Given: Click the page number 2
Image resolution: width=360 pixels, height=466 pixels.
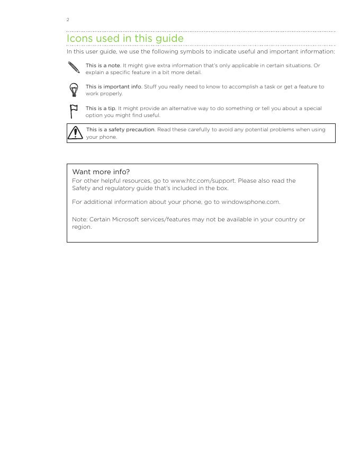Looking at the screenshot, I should point(68,20).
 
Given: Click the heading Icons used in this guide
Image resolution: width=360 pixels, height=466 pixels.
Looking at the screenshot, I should point(125,39).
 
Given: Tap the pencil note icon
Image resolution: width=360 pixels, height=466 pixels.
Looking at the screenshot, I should point(74,67).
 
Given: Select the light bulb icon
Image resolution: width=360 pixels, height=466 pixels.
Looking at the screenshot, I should point(74,89).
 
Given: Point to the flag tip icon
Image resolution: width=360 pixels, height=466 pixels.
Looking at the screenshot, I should point(74,111).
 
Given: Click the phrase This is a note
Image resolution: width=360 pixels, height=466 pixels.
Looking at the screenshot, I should point(103,66).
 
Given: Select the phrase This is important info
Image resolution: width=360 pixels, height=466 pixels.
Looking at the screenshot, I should point(113,87).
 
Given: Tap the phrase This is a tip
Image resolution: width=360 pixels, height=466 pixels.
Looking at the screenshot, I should point(101,109).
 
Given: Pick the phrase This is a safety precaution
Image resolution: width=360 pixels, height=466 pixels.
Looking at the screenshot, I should point(120,130).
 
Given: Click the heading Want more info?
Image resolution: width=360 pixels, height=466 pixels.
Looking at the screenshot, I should point(101,172).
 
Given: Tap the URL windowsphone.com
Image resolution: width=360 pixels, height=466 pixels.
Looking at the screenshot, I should point(250,202).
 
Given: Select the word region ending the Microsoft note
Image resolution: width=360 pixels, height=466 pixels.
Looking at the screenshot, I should point(81,227).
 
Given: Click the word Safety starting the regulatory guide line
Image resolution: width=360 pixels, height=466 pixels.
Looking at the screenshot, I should point(81,189).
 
